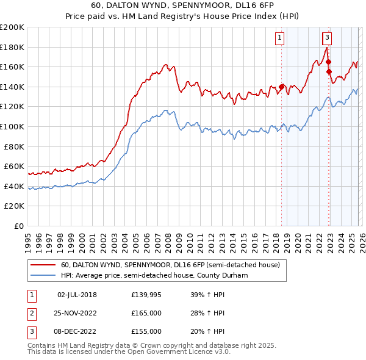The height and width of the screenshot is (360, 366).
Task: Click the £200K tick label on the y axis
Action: point(12,27)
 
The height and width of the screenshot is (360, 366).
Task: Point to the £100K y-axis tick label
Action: point(12,126)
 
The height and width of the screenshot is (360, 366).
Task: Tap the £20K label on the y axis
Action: point(15,206)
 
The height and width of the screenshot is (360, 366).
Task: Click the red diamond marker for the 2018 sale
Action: point(282,87)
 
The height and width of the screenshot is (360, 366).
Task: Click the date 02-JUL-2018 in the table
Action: point(77,295)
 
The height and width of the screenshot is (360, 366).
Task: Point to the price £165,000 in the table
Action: point(146,313)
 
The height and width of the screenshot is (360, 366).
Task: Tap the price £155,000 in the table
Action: point(146,331)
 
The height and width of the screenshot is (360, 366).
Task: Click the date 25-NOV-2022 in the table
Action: point(77,313)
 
